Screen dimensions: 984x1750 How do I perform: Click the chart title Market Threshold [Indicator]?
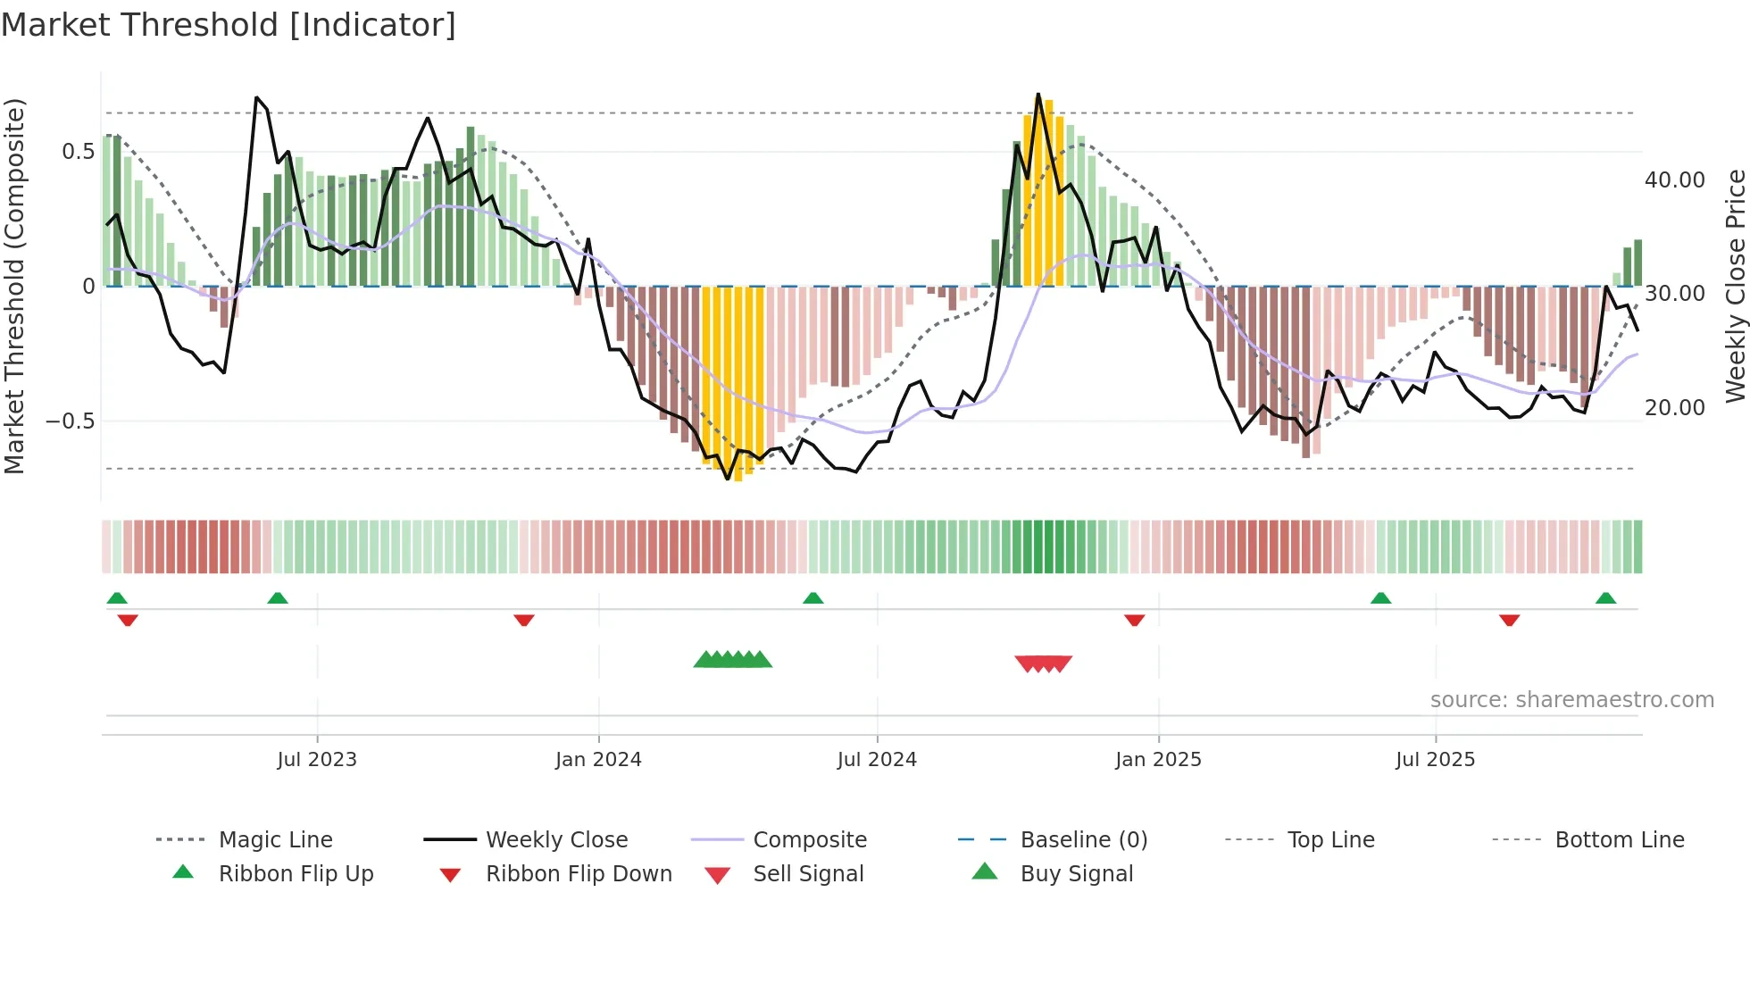229,25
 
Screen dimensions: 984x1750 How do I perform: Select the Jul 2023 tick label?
316,760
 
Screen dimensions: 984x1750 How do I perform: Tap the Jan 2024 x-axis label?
598,760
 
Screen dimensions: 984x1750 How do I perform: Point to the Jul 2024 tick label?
877,760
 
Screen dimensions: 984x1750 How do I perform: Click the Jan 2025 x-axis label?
1158,760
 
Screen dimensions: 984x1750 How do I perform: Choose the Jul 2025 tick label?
1435,760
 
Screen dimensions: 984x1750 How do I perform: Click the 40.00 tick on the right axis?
1674,180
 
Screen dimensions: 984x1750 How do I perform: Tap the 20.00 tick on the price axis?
1674,408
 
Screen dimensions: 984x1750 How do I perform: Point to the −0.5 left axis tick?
71,421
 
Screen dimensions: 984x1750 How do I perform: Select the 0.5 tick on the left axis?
78,152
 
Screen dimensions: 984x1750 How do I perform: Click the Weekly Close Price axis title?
1735,286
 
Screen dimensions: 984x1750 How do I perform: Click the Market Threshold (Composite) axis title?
14,286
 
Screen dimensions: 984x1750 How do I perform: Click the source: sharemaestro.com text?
1571,700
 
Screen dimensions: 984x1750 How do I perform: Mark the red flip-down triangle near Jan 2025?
1134,620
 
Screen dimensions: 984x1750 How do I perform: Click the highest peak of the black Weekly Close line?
1037,94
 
